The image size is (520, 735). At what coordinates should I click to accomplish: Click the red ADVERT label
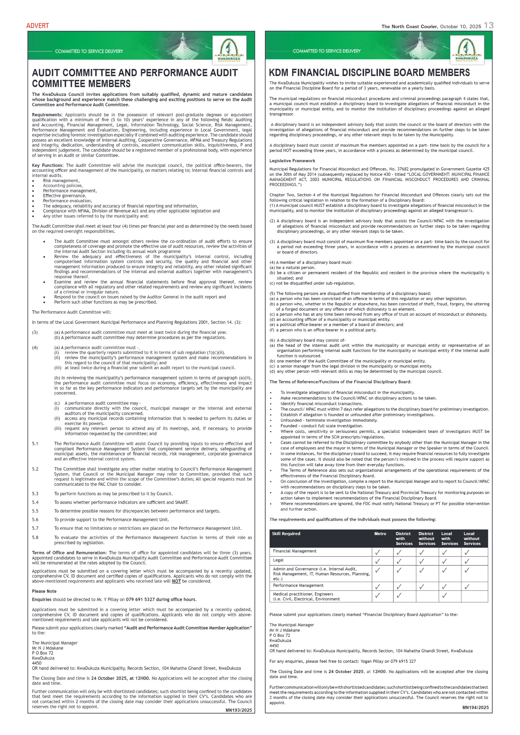[37, 26]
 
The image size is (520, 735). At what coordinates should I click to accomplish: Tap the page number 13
[488, 25]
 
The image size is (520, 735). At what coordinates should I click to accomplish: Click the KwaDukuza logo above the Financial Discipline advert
[466, 50]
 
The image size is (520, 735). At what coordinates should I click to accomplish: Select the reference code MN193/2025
[238, 710]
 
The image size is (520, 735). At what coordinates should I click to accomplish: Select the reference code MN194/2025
[475, 707]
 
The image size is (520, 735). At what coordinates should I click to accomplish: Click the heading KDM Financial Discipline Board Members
[369, 73]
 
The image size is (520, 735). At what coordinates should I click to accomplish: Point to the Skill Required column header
[286, 533]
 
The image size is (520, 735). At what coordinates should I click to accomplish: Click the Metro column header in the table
[380, 533]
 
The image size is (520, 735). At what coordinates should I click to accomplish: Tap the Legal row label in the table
[278, 560]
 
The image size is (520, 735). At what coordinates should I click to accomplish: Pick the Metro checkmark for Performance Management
[378, 587]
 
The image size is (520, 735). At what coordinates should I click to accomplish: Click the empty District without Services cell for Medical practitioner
[427, 596]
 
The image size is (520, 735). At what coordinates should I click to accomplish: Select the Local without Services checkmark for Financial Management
[467, 552]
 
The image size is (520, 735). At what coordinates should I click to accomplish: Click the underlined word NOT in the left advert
[176, 581]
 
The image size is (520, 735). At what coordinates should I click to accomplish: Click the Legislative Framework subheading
[292, 161]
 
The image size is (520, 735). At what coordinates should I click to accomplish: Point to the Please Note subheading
[44, 591]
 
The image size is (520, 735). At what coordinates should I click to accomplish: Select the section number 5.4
[35, 502]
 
